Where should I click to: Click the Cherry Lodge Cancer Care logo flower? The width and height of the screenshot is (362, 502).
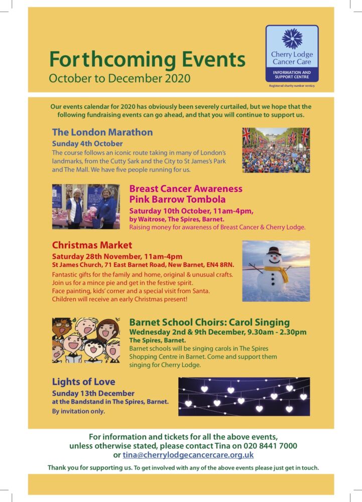pyautogui.click(x=292, y=39)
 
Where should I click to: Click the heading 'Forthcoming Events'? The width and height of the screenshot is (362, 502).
pyautogui.click(x=147, y=60)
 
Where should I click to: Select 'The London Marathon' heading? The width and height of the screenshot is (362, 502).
pyautogui.click(x=102, y=133)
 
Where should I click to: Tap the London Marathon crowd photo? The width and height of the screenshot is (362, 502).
pyautogui.click(x=276, y=150)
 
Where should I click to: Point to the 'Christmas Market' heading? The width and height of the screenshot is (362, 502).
pyautogui.click(x=92, y=245)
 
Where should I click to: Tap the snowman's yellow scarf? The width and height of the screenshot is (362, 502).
pyautogui.click(x=278, y=271)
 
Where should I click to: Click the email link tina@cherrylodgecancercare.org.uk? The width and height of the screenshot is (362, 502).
pyautogui.click(x=188, y=455)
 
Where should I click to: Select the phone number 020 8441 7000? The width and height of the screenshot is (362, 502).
pyautogui.click(x=271, y=446)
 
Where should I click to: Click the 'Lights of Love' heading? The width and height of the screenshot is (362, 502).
pyautogui.click(x=83, y=382)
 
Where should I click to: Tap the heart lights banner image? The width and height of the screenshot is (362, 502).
pyautogui.click(x=244, y=397)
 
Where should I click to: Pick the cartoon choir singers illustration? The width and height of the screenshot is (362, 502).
pyautogui.click(x=86, y=340)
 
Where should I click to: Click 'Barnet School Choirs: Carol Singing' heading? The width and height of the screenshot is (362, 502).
pyautogui.click(x=209, y=322)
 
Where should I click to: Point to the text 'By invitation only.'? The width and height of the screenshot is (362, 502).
pyautogui.click(x=79, y=411)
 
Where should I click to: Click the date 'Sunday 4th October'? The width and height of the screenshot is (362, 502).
pyautogui.click(x=87, y=143)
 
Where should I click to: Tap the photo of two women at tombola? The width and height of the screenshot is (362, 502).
pyautogui.click(x=86, y=206)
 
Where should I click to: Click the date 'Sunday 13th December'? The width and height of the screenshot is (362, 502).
pyautogui.click(x=93, y=393)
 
